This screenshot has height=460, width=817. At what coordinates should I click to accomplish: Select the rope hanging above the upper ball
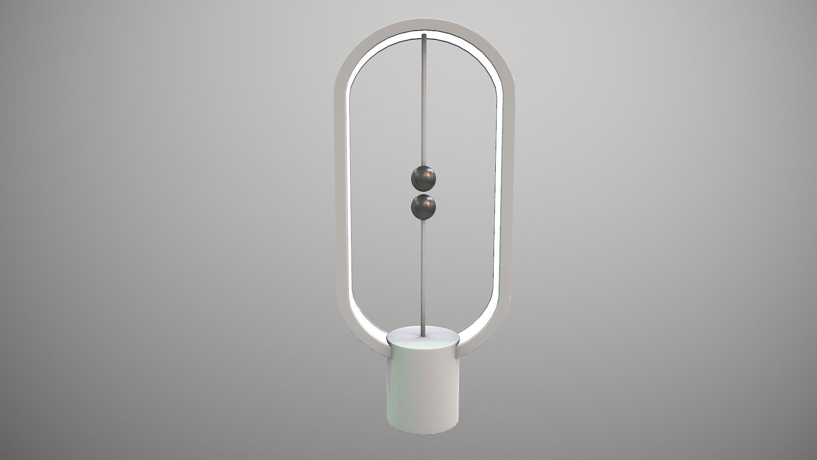point(424,102)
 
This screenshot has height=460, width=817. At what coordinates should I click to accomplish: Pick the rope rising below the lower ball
point(424,273)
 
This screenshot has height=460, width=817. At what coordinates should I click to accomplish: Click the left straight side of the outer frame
point(340,192)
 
